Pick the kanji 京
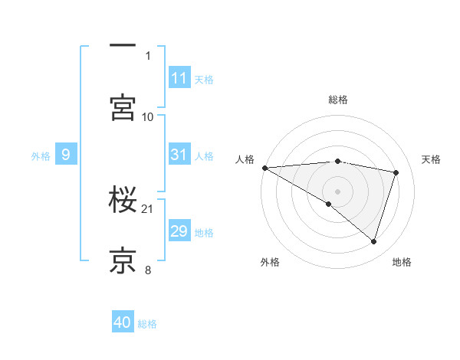pos(123,260)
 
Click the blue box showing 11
pos(179,77)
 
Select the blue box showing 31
pos(179,155)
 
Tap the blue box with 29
pos(179,231)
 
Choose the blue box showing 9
pos(66,155)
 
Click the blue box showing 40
pos(123,322)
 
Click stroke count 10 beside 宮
pos(148,116)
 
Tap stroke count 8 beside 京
pos(148,270)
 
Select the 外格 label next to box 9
pos(41,155)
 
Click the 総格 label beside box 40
pos(147,323)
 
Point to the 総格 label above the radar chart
pos(338,100)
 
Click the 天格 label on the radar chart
pos(432,159)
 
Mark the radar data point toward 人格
pos(264,167)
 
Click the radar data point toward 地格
pos(374,241)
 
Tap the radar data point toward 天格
pos(396,172)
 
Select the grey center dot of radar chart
pos(337,191)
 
